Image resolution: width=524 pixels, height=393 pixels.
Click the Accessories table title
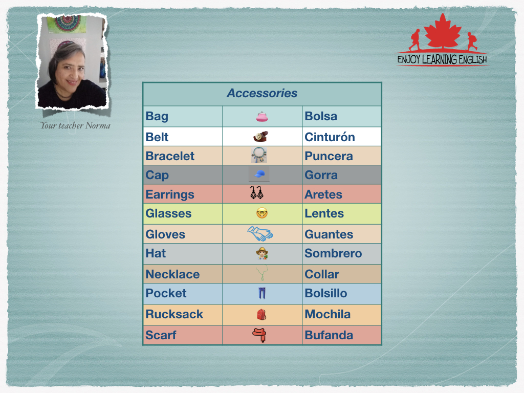coord(262,93)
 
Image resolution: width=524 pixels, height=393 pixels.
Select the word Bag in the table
coord(157,117)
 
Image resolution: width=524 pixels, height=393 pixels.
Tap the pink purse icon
coord(262,117)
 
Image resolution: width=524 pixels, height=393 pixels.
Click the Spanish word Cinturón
coord(330,137)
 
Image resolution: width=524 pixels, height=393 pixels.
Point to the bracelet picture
coord(259,155)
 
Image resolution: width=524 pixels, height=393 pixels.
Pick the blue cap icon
coord(259,174)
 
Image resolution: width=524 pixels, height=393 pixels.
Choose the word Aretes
coord(323,194)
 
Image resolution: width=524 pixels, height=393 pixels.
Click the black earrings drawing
coord(257,193)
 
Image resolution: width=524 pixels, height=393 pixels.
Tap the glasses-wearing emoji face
coord(262,213)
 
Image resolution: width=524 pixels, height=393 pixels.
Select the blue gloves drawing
coord(260,233)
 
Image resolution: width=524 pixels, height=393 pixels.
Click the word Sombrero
coord(333,253)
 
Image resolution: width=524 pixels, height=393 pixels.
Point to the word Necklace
coord(172,274)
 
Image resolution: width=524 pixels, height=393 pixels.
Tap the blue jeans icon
coord(262,293)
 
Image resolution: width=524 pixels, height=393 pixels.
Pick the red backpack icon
coord(261,315)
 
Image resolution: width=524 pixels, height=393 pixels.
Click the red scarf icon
coord(259,335)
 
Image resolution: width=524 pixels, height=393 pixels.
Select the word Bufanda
coord(329,335)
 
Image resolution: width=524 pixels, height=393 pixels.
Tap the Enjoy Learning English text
coord(442,60)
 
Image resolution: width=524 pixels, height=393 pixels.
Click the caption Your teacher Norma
coord(75,126)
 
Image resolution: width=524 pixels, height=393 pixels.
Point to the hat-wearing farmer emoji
coord(262,253)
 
